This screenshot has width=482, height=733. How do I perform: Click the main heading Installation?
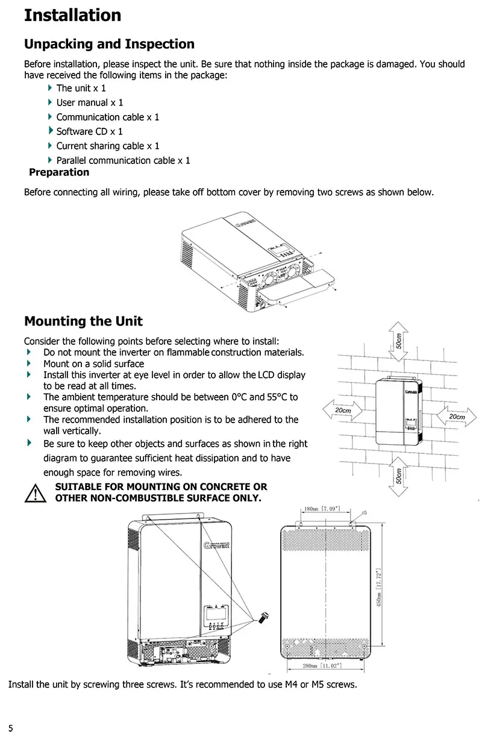click(x=72, y=15)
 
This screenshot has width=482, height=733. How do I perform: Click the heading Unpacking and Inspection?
click(x=109, y=44)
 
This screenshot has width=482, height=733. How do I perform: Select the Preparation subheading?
click(x=59, y=172)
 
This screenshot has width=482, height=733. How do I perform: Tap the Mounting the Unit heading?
click(x=83, y=321)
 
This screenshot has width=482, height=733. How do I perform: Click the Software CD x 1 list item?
click(x=89, y=131)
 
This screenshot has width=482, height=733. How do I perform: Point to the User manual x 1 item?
click(x=89, y=102)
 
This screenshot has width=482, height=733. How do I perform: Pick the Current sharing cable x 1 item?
click(x=108, y=146)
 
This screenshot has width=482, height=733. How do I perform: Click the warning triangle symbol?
click(x=36, y=493)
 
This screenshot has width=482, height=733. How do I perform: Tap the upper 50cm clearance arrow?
click(x=399, y=341)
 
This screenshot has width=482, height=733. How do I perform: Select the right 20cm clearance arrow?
click(x=456, y=417)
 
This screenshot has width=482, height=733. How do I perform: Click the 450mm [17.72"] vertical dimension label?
click(x=379, y=586)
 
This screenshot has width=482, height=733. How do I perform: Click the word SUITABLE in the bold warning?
click(x=78, y=487)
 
